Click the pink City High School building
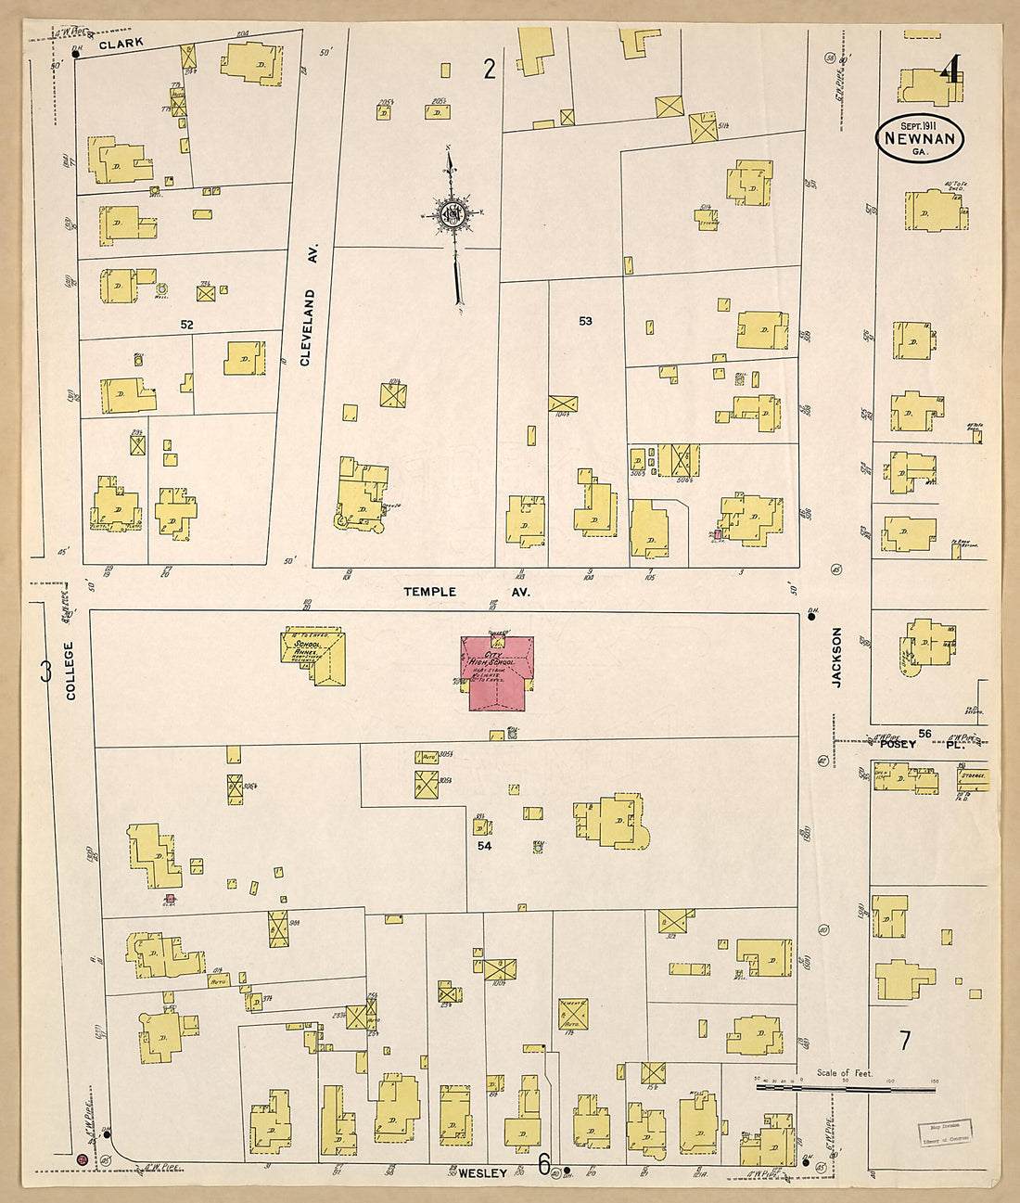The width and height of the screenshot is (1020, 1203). click(496, 673)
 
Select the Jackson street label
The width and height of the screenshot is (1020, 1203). click(836, 657)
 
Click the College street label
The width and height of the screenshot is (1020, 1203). click(71, 669)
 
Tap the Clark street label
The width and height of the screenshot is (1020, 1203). click(121, 43)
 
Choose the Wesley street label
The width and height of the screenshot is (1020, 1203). click(482, 1173)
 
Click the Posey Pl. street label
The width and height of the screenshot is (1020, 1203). click(918, 744)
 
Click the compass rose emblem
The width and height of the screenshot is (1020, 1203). click(452, 215)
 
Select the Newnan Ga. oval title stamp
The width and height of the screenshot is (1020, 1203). click(919, 137)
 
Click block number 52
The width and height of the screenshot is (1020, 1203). click(187, 324)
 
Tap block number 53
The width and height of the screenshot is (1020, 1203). click(585, 321)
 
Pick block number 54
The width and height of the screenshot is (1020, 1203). click(484, 845)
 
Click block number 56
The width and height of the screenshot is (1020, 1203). click(924, 734)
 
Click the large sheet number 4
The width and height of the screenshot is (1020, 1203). click(951, 71)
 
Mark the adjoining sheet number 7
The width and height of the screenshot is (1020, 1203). click(904, 1041)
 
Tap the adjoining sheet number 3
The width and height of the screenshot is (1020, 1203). click(45, 671)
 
